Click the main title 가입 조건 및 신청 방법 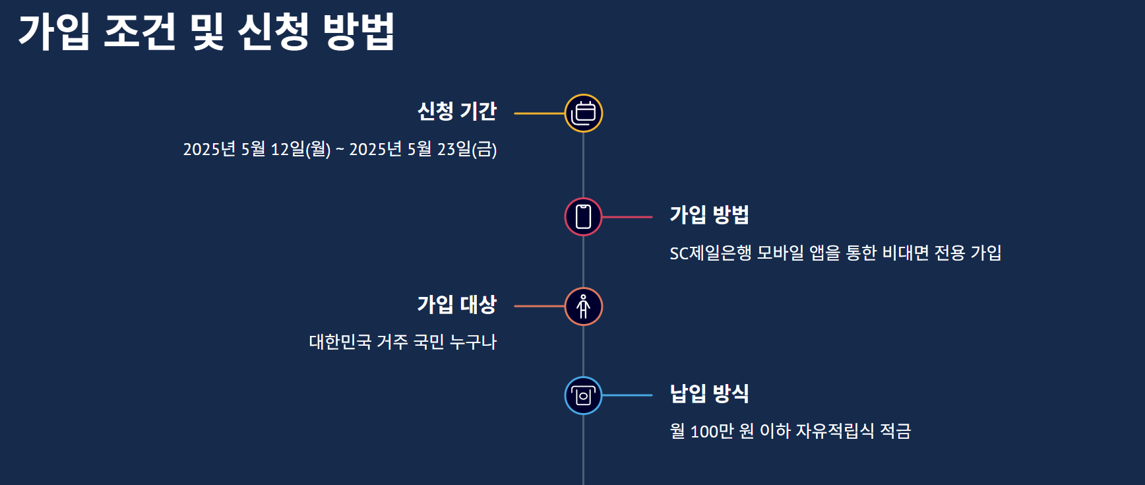[x=206, y=32]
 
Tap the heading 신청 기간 [x=456, y=112]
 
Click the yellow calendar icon [x=583, y=113]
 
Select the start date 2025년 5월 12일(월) [x=257, y=149]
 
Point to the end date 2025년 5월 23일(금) [x=423, y=149]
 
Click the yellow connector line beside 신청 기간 [x=539, y=113]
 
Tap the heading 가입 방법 [x=709, y=215]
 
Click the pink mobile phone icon [x=583, y=216]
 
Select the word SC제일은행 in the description [x=710, y=253]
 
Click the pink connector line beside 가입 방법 [x=627, y=216]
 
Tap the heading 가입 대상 [x=456, y=305]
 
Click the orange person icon [x=583, y=306]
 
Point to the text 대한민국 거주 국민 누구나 [x=402, y=342]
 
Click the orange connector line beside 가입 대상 [x=539, y=306]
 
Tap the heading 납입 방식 [x=709, y=394]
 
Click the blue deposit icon [x=583, y=395]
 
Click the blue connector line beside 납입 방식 [x=627, y=395]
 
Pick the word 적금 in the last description [x=895, y=432]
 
